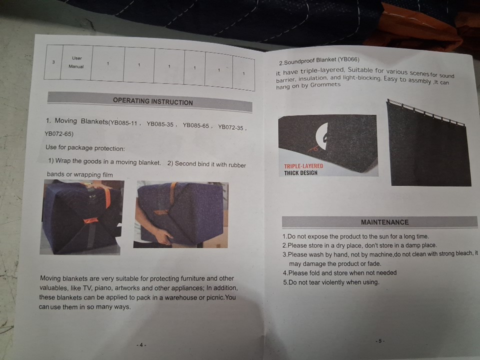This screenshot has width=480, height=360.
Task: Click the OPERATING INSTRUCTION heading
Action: click(153, 101)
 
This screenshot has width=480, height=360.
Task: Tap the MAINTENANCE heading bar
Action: click(379, 222)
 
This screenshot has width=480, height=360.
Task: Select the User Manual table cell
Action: click(76, 62)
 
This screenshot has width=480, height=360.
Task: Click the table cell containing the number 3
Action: click(53, 62)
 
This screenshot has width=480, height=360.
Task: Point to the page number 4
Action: click(141, 345)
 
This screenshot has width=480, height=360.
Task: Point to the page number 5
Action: click(380, 340)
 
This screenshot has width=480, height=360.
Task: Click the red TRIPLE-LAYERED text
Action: click(303, 166)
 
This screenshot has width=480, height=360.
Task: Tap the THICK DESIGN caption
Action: click(300, 173)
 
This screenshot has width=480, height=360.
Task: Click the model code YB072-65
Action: click(59, 134)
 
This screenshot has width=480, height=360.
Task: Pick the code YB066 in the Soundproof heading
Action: click(348, 59)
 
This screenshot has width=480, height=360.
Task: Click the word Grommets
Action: click(325, 85)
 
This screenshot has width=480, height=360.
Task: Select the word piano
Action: click(103, 288)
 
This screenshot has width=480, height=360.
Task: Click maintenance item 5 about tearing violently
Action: click(331, 282)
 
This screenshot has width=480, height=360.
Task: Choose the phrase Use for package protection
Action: click(85, 147)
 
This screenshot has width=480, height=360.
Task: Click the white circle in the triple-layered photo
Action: click(321, 136)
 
